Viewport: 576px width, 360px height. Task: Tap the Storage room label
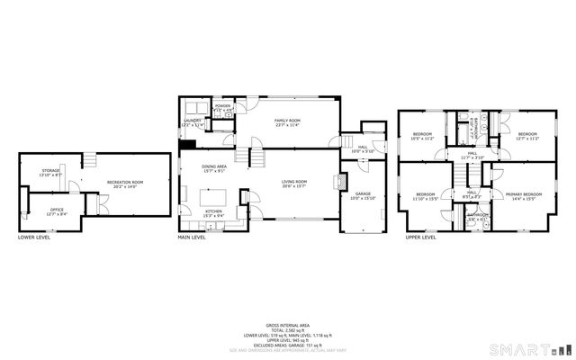pyautogui.click(x=50, y=172)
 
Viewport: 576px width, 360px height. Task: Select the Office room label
pyautogui.click(x=56, y=211)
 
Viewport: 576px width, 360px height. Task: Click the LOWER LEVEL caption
pyautogui.click(x=34, y=238)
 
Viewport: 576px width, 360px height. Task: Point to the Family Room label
pyautogui.click(x=288, y=121)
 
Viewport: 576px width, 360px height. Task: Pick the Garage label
pyautogui.click(x=363, y=195)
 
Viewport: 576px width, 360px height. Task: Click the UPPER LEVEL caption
pyautogui.click(x=420, y=238)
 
